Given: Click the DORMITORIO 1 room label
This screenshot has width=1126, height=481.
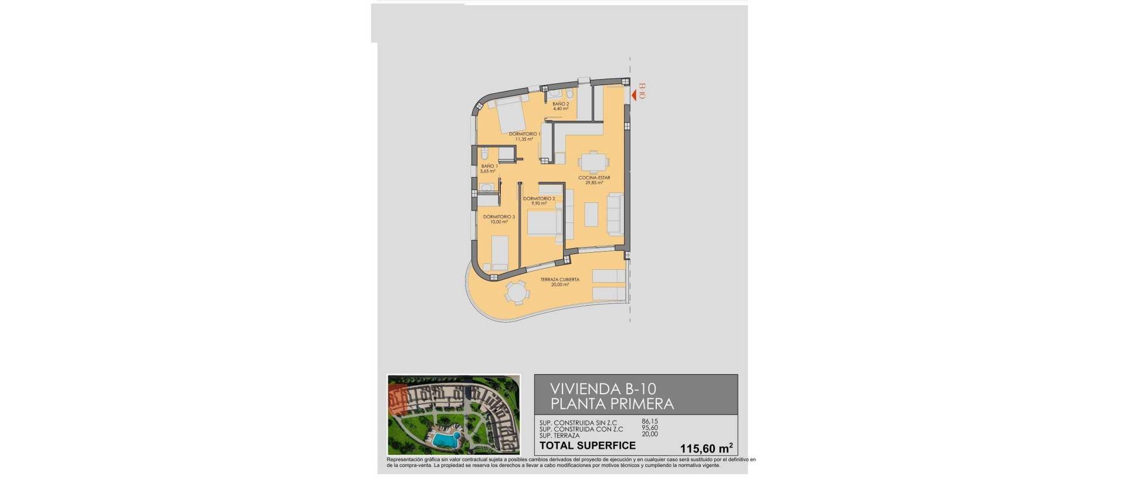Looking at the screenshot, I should pos(524,134).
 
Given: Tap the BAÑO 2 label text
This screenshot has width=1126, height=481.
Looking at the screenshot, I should pos(561,104).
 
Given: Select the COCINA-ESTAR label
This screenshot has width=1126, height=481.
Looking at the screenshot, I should pos(594,178).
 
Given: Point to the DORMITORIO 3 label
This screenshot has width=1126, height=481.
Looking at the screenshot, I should pos(499,217).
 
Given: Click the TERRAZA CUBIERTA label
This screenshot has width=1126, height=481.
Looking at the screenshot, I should pos(559,280).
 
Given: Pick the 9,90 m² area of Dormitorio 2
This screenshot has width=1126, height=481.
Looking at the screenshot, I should pos(538,204).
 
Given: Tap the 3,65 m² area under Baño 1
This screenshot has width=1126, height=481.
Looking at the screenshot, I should pos(488,171).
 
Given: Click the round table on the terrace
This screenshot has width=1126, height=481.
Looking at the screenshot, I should pos(517,292).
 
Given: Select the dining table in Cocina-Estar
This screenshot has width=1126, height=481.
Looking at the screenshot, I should pos(593,161).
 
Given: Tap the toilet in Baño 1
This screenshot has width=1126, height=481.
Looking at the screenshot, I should pos(485,155).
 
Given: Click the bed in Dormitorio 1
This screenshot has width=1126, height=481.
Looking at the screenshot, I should pos(510,115).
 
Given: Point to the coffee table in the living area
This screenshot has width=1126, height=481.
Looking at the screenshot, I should pos(591,214).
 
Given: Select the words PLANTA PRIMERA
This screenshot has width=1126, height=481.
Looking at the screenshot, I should pos(612,404).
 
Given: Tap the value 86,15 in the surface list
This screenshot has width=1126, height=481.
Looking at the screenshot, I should pos(650,421).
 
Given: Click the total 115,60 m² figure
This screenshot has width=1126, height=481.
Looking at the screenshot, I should pos(706,448).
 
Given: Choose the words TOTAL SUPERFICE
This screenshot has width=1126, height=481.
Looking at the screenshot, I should pos(587,446).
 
